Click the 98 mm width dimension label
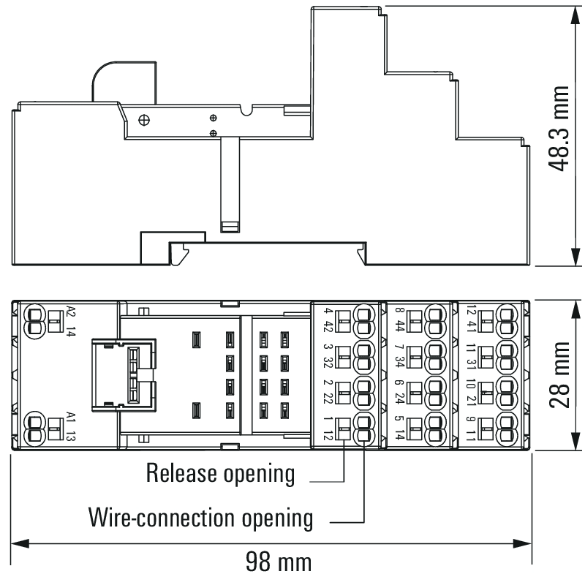(279, 562)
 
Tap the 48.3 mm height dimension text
(559, 129)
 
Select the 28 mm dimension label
(559, 374)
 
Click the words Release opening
(220, 473)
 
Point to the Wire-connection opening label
(200, 518)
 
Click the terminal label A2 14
(70, 321)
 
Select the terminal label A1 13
(70, 426)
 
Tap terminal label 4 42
(328, 320)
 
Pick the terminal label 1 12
(328, 428)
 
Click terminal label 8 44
(399, 320)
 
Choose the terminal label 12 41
(471, 319)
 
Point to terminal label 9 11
(471, 428)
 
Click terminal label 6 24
(399, 392)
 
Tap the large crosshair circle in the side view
(144, 120)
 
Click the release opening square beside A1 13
(56, 429)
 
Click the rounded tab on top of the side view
(124, 82)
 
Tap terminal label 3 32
(328, 356)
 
